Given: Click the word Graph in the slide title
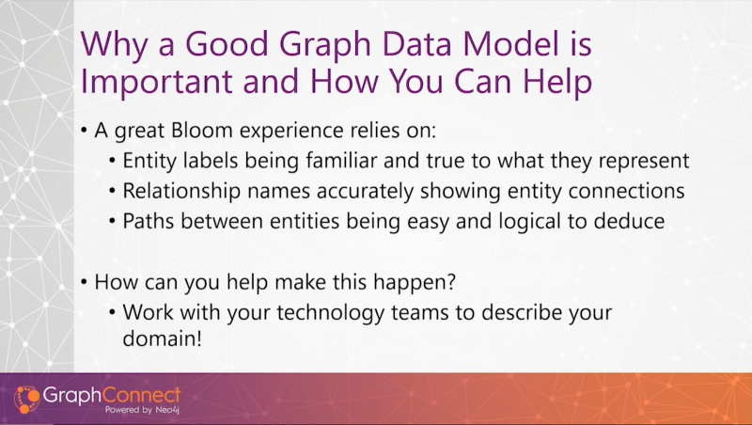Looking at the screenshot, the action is (324, 44).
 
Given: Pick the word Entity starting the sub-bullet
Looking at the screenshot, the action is (149, 161).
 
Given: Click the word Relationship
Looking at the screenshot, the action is (181, 191).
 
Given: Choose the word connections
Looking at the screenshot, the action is (626, 191).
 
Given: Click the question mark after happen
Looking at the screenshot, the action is (450, 281).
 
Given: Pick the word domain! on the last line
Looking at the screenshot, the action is (162, 338).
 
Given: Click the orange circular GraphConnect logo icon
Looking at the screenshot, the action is (26, 399).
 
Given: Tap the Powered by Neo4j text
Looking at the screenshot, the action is (142, 410).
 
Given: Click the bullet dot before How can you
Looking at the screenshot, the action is (84, 282).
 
